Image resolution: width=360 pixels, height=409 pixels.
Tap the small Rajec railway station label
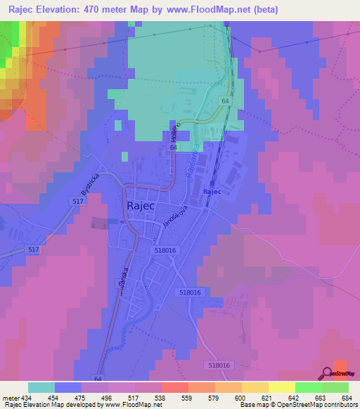coord(212,191)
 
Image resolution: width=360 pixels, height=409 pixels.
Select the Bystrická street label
coord(91,184)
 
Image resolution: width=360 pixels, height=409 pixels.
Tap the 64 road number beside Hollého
coord(172,148)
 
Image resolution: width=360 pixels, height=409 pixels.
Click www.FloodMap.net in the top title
coord(213,10)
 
